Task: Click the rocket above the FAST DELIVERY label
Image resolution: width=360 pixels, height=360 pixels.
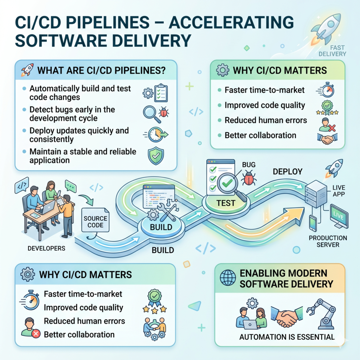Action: pos(326,29)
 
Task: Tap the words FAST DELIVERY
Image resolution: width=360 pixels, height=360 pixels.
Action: pos(332,51)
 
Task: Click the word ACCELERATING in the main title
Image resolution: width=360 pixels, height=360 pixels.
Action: pos(231,22)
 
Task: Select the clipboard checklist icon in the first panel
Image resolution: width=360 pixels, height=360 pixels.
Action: pos(161,93)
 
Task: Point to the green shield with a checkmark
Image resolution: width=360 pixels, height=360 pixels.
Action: pos(156,156)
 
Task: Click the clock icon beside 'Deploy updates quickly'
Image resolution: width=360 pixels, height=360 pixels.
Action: pos(156,135)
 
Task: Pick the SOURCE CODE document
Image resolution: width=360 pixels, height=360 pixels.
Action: pos(95,220)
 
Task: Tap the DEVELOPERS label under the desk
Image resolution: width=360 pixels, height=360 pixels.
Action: pos(46,249)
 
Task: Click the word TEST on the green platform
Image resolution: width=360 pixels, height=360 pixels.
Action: pos(226,203)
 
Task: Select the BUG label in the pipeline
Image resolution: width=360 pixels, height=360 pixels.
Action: pos(249,165)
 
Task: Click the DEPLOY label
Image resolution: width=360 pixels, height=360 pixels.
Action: pos(288,172)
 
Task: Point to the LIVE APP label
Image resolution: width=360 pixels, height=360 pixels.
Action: pos(339,191)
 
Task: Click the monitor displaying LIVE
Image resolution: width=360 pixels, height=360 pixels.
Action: pos(339,216)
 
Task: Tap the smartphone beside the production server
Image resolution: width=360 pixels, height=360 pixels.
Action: pos(313,223)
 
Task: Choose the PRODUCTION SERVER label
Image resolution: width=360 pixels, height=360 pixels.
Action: pos(328,241)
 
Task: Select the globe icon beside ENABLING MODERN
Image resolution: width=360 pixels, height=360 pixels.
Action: pos(228,278)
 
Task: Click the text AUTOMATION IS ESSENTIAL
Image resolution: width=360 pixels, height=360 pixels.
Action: pos(287,337)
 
